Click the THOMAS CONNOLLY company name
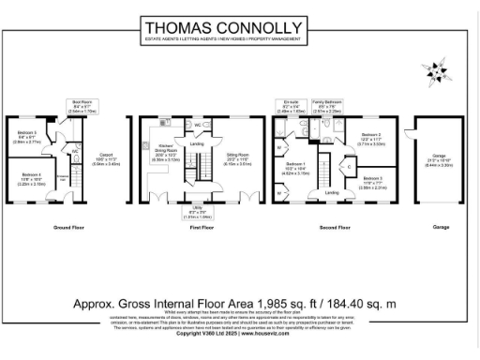pos(239,27)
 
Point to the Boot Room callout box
pos(82,106)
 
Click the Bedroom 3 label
pos(372,181)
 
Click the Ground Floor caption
pos(68,228)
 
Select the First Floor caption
pos(202,228)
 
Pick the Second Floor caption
pos(336,228)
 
